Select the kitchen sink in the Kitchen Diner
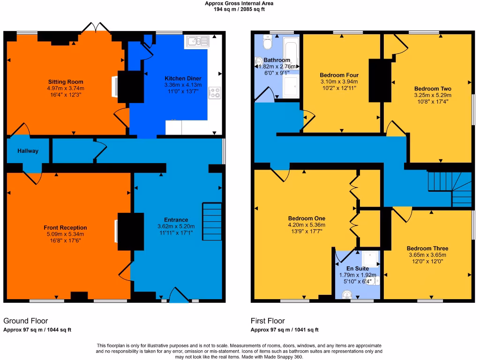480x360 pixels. [x=197, y=42]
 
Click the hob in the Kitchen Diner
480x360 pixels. [x=215, y=93]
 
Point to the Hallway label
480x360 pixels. [x=28, y=151]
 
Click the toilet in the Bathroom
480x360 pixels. [x=268, y=44]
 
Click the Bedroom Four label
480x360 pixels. [x=339, y=75]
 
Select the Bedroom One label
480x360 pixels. [x=307, y=218]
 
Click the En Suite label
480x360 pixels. [x=357, y=269]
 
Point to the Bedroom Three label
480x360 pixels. [x=427, y=248]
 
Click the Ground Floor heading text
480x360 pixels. [x=26, y=321]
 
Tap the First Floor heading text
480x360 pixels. [x=268, y=321]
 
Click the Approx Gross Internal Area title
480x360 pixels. [x=239, y=3]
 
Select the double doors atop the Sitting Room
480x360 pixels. [x=96, y=28]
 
